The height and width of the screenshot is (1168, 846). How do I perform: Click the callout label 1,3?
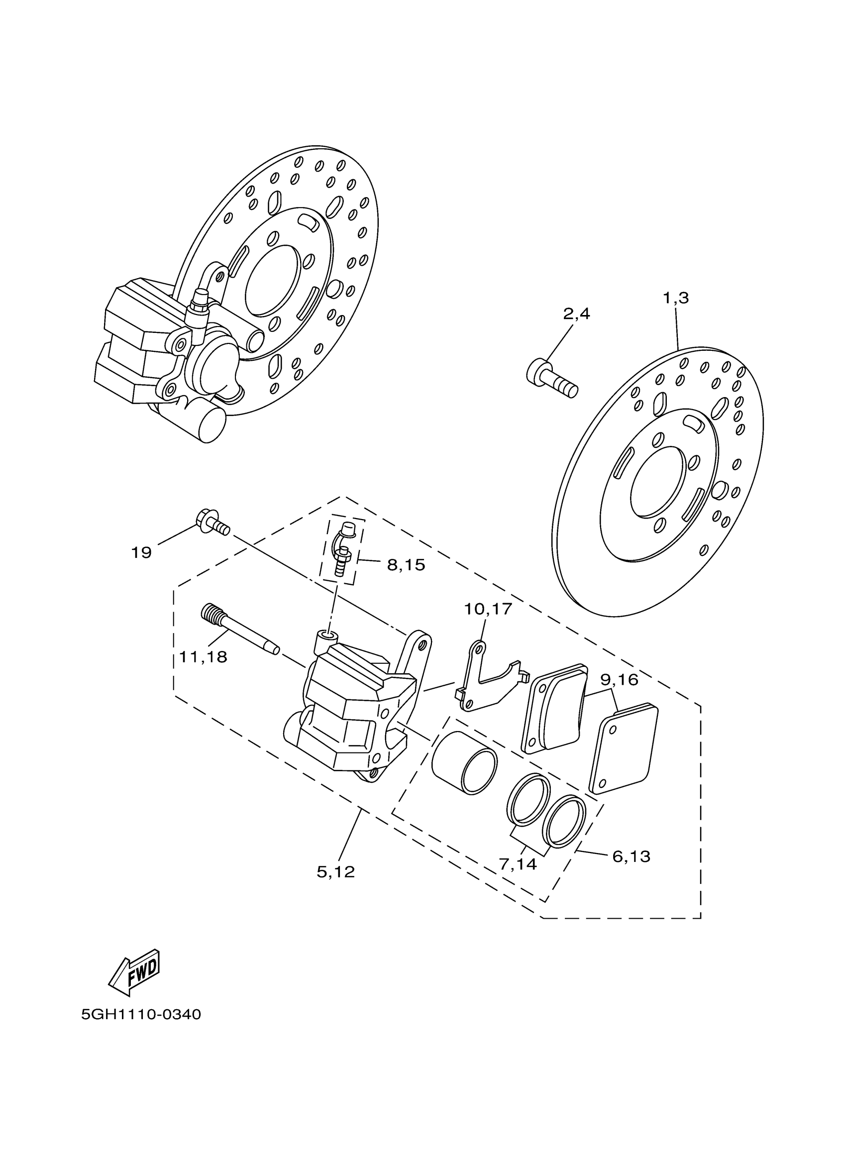click(x=676, y=298)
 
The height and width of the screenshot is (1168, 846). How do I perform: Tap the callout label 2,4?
click(x=576, y=314)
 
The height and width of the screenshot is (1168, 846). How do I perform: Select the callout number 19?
click(x=141, y=553)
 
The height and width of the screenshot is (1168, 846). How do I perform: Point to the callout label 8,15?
click(x=406, y=565)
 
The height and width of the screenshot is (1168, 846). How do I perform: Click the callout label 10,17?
click(x=488, y=609)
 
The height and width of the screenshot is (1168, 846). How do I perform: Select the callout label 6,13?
click(x=632, y=856)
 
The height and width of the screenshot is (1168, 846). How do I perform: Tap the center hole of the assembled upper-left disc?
click(x=272, y=281)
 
